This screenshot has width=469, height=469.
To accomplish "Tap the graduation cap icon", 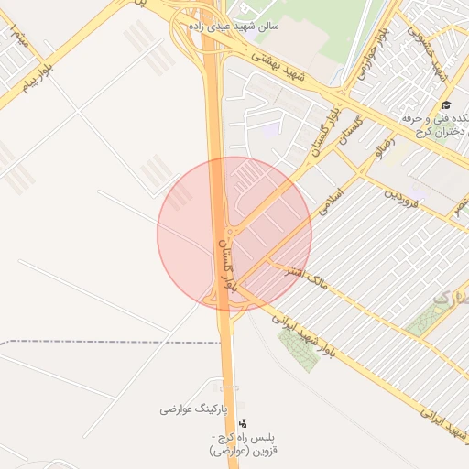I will click(x=445, y=105).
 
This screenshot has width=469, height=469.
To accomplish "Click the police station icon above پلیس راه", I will click(x=243, y=423).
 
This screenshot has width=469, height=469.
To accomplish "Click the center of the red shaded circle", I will click(x=234, y=234).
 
